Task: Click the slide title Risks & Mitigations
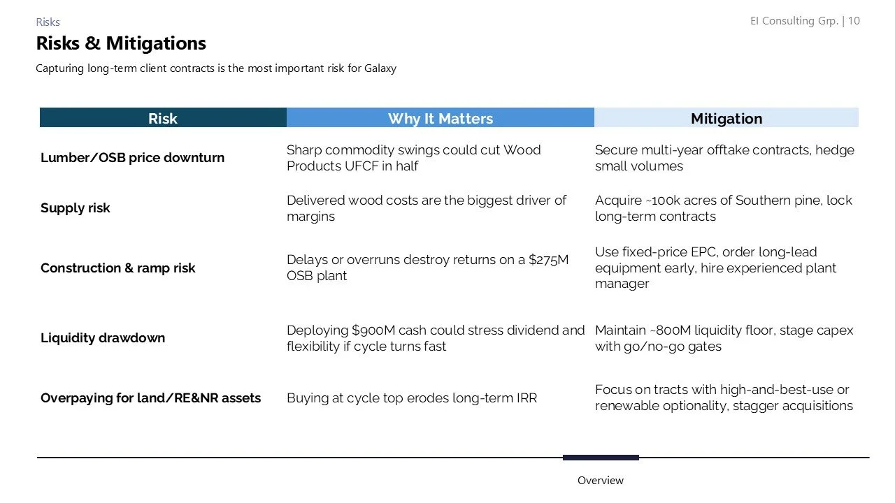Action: tap(121, 43)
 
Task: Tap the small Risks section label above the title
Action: tap(48, 22)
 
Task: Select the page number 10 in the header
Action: tap(854, 21)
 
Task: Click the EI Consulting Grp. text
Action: tap(794, 21)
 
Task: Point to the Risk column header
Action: tap(163, 118)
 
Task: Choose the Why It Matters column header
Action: tap(441, 118)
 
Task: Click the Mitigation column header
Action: tap(726, 118)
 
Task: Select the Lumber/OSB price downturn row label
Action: tap(133, 158)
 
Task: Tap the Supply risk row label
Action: tap(76, 208)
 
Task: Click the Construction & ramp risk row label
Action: tap(118, 268)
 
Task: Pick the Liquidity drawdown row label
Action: tap(103, 338)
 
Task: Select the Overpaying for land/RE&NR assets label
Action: tap(150, 398)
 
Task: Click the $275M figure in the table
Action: tap(548, 260)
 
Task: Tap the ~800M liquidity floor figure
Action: tap(673, 330)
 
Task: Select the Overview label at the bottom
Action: tap(600, 481)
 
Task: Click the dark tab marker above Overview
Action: tap(601, 458)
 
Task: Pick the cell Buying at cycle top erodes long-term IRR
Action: tap(412, 398)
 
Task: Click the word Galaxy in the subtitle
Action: tap(380, 68)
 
